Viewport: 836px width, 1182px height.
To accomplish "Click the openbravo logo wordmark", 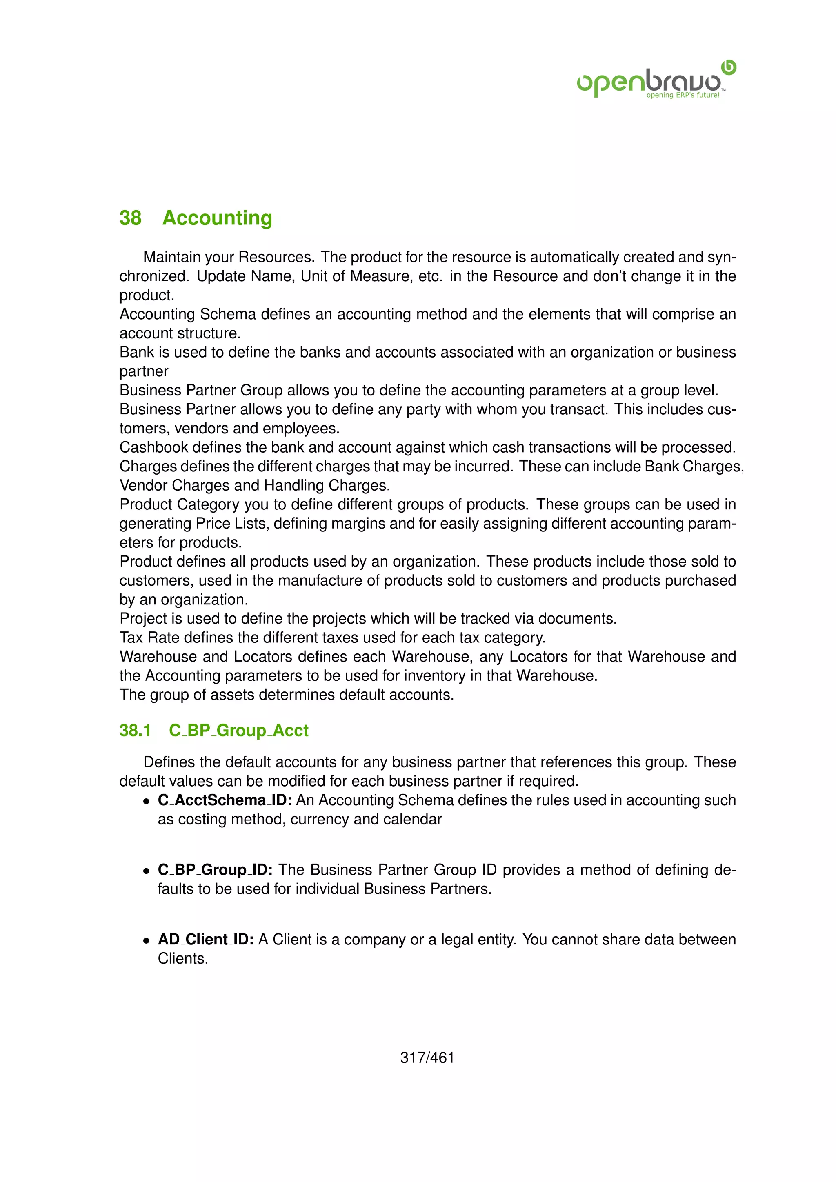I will tap(649, 81).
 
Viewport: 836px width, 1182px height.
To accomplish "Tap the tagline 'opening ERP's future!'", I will tap(683, 95).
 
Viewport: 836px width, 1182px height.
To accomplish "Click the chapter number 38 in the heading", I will tap(130, 218).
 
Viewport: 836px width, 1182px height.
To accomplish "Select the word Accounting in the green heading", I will tap(217, 218).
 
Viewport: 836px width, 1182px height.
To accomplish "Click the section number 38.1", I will tap(135, 730).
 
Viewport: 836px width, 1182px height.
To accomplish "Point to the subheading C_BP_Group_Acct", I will tap(238, 730).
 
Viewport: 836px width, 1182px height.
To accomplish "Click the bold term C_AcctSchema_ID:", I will tap(225, 800).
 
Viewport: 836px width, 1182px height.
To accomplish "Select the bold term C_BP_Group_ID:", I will tap(215, 869).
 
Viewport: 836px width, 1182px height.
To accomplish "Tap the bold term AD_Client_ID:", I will tap(205, 940).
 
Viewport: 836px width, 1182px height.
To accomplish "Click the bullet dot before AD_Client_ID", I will tap(147, 940).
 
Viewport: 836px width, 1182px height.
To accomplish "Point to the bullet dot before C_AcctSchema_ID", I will tap(147, 802).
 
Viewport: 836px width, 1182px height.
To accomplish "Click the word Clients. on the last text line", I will tap(183, 959).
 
